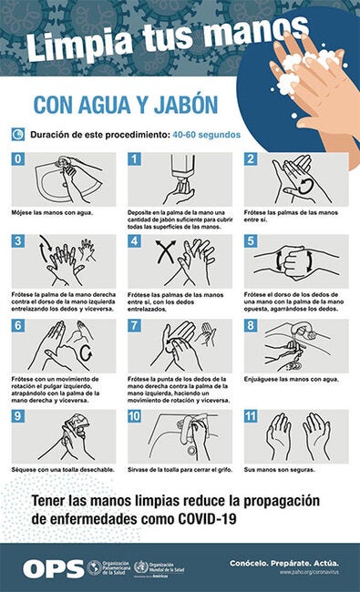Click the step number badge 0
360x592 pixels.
[x=17, y=159]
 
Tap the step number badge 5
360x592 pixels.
[x=250, y=242]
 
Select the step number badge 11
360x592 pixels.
[x=251, y=416]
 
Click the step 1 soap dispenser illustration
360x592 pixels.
[x=181, y=179]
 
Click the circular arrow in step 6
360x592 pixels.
[x=87, y=350]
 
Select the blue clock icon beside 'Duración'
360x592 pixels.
[x=18, y=135]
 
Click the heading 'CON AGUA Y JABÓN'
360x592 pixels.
[x=126, y=105]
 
